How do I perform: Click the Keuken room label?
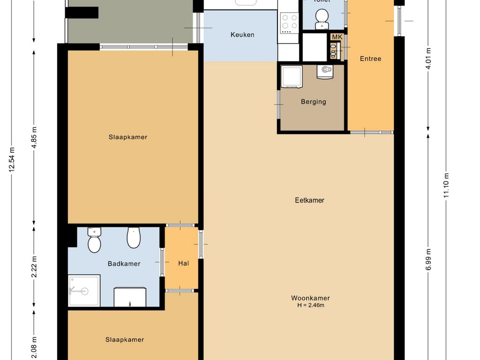242,35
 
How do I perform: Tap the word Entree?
370,59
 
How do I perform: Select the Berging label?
313,102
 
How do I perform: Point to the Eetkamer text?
309,200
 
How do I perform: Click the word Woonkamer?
310,298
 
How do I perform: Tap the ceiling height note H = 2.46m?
310,306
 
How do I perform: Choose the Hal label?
183,263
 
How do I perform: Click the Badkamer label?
124,264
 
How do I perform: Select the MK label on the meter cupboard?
337,37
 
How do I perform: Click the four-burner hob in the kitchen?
289,22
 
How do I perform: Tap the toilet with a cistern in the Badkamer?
94,240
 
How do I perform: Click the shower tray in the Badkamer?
84,291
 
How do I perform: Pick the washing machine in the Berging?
292,76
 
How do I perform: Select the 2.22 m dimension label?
34,267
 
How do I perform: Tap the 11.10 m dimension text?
446,185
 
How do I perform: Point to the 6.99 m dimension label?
428,259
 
